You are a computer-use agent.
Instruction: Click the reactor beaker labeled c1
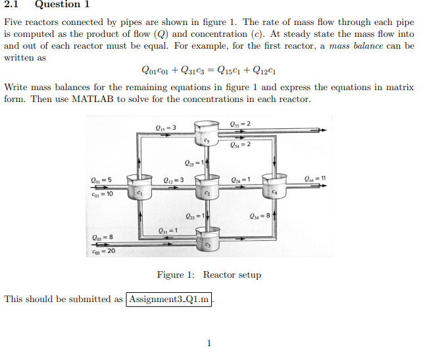coord(139,188)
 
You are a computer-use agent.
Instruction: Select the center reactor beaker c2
coord(207,189)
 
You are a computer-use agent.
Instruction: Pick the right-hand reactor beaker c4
coord(274,188)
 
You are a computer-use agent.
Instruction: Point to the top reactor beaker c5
coord(207,135)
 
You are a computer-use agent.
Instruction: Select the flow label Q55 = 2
coord(239,125)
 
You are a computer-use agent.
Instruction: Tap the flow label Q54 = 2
coord(241,145)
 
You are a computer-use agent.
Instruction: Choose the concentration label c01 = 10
coord(101,194)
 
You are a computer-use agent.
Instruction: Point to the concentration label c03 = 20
coord(103,251)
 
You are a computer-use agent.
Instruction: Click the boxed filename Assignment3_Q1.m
coord(169,299)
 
